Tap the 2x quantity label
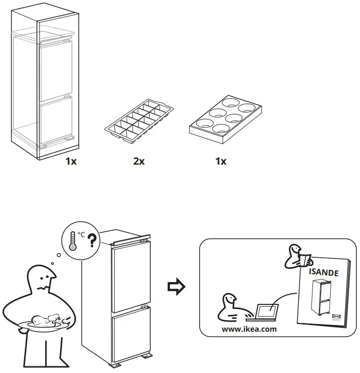click(x=139, y=161)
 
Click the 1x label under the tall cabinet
click(x=71, y=161)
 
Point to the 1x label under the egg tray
click(x=221, y=161)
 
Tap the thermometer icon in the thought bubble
click(x=72, y=240)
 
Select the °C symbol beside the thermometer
click(x=82, y=235)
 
